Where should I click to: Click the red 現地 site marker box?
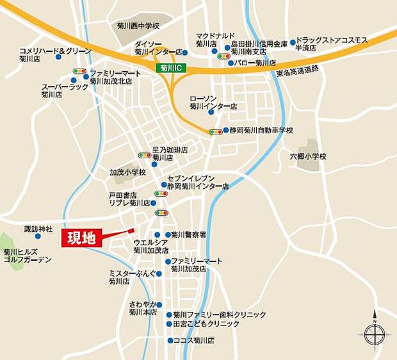82,239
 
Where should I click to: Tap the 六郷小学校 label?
308,156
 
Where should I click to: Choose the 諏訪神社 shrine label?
38,229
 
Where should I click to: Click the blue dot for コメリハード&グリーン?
58,57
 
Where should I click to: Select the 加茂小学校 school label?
128,172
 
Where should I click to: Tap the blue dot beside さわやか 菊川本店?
160,305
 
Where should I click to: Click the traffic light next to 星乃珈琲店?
144,154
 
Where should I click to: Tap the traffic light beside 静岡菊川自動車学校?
216,132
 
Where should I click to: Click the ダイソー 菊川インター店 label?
158,47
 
